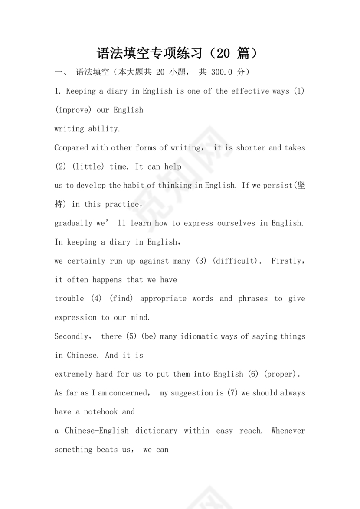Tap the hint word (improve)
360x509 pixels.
pyautogui.click(x=73, y=110)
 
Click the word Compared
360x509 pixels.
pyautogui.click(x=71, y=148)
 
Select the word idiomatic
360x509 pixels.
pyautogui.click(x=200, y=336)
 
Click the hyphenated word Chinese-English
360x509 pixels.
pyautogui.click(x=97, y=431)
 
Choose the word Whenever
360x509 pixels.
pyautogui.click(x=288, y=431)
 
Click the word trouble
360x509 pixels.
pyautogui.click(x=69, y=299)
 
